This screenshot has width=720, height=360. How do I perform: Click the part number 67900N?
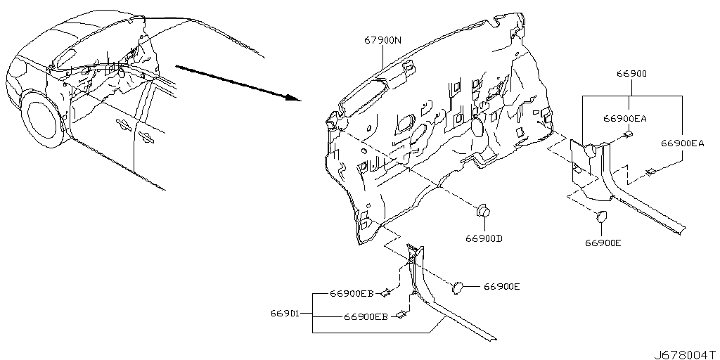tap(383, 40)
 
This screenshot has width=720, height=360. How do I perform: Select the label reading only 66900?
tap(632, 73)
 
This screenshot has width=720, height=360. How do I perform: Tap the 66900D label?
tap(484, 238)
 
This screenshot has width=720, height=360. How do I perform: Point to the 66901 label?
tap(285, 314)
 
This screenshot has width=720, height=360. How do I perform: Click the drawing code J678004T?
tap(685, 354)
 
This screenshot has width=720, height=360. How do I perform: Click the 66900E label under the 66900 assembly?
tap(603, 243)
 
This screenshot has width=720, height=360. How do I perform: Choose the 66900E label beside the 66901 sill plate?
tap(501, 287)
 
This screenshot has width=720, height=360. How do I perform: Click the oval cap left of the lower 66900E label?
tap(458, 288)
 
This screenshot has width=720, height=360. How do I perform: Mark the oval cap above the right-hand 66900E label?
tap(602, 217)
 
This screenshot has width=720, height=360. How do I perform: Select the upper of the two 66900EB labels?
tap(352, 293)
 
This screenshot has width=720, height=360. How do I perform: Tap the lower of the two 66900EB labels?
tap(366, 316)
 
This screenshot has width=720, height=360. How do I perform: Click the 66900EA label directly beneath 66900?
tap(625, 118)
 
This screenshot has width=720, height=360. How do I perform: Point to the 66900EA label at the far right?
tap(683, 143)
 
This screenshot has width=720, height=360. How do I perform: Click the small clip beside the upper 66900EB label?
tap(387, 292)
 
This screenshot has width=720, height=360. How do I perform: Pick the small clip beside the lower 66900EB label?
tap(401, 314)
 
